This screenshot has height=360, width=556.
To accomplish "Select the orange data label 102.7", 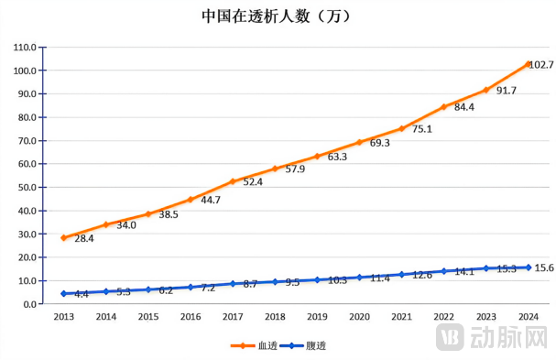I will coord(541,65).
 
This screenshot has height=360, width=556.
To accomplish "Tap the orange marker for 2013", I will coord(63,237).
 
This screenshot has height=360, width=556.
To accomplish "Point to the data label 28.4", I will coord(84,239).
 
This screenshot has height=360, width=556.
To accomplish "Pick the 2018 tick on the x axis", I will coord(275,316).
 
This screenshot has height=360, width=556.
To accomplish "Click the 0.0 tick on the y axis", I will coord(28,304).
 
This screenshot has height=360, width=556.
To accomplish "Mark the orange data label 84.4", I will coord(464,107).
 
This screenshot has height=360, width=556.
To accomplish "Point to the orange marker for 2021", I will coord(401,128).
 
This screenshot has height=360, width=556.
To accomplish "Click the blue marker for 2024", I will coord(529,267).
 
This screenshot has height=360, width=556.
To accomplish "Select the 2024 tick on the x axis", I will coord(529,316).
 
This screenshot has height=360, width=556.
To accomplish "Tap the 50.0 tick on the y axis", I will coord(26,187).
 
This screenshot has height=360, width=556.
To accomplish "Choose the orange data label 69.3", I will coord(379,144).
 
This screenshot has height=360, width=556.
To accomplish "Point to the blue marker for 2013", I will coord(63,293).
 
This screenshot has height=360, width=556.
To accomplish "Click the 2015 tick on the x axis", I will coord(147,316).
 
